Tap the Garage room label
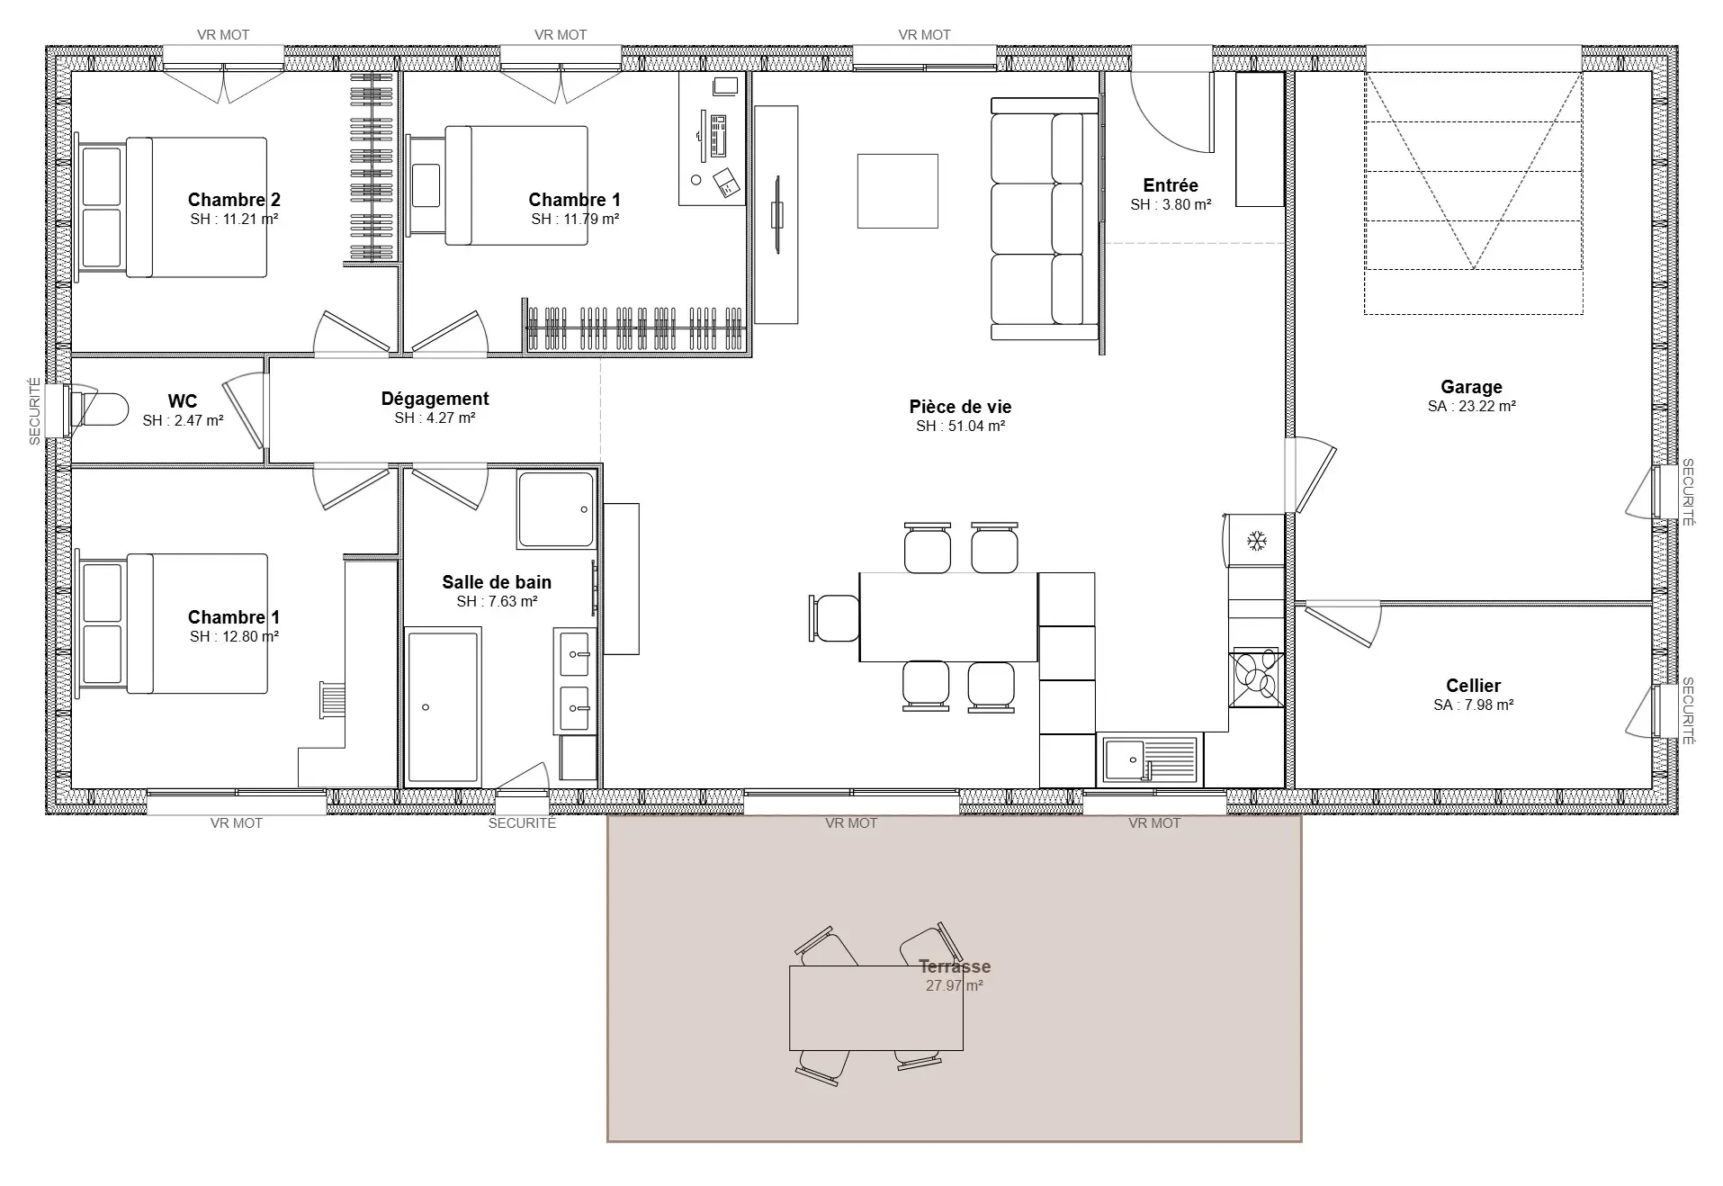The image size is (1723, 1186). click(x=1471, y=387)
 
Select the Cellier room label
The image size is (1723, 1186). click(x=1473, y=686)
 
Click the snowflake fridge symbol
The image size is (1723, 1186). click(x=1256, y=541)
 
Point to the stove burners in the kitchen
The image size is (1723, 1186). click(x=1256, y=677)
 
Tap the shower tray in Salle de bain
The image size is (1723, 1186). click(x=556, y=509)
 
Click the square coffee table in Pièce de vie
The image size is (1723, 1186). click(x=897, y=191)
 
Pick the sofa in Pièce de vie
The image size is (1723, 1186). click(x=1045, y=219)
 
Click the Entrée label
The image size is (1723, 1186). click(x=1171, y=185)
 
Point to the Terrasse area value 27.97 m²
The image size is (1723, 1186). click(x=954, y=986)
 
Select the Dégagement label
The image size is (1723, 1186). click(x=435, y=399)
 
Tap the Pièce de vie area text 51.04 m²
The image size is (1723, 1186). click(x=960, y=427)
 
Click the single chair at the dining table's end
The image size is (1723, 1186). click(x=835, y=618)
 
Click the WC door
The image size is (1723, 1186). click(x=244, y=410)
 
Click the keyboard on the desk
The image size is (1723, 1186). click(x=718, y=134)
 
